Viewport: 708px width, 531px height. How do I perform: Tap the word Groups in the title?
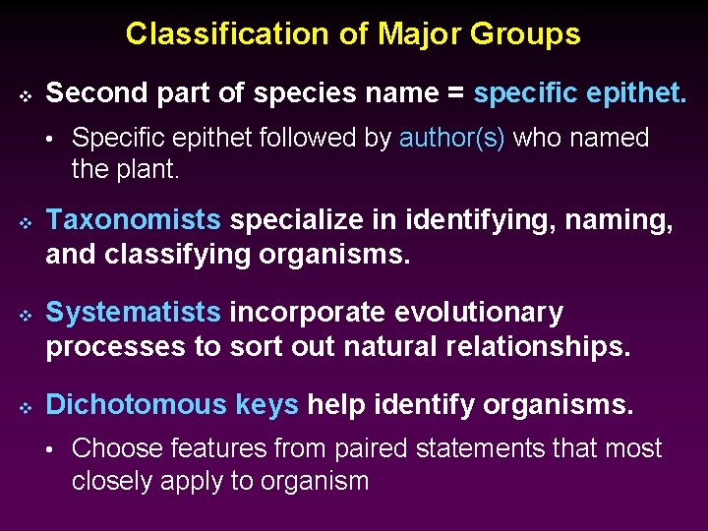coord(526,34)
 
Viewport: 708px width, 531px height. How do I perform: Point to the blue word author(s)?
coord(451,138)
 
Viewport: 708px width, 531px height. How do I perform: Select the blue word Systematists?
coord(134,313)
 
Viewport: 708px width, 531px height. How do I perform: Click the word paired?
coord(375,448)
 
